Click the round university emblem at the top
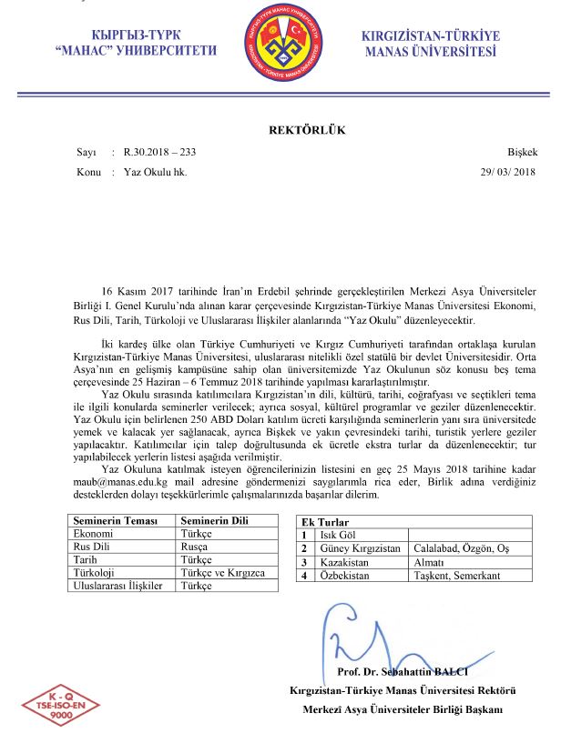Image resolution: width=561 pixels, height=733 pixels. click(280, 44)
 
